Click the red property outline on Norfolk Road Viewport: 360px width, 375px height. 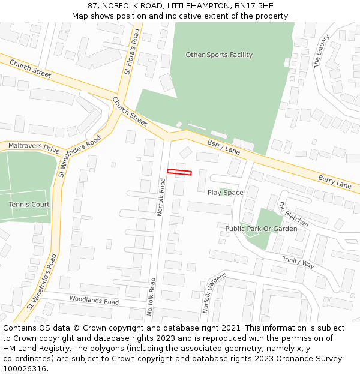(179, 173)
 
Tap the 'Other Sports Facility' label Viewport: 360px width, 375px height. (219, 55)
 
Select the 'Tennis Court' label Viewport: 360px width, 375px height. (29, 205)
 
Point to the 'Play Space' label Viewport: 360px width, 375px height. (226, 193)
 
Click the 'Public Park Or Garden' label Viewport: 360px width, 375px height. (261, 229)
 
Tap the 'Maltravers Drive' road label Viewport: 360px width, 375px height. (34, 147)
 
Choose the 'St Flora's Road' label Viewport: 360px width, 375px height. (132, 53)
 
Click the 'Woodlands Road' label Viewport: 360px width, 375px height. (94, 299)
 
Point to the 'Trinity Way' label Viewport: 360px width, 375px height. (298, 263)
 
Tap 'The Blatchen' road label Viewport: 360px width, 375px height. (293, 214)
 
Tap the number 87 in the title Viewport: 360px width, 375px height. (92, 5)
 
